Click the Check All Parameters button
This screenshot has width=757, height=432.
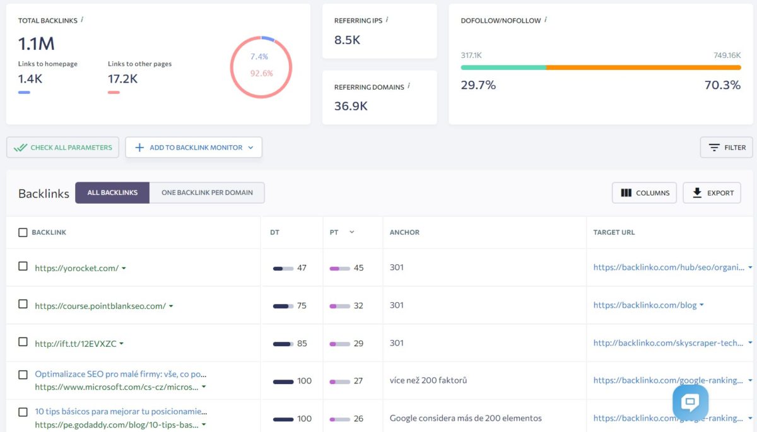pyautogui.click(x=62, y=148)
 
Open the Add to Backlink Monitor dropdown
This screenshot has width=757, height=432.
pyautogui.click(x=194, y=148)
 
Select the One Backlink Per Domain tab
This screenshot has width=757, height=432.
pyautogui.click(x=207, y=193)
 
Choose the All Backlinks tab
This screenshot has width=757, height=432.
pyautogui.click(x=112, y=193)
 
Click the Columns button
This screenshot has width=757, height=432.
pyautogui.click(x=645, y=193)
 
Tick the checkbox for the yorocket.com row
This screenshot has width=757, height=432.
pyautogui.click(x=23, y=267)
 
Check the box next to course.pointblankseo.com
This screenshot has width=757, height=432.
pyautogui.click(x=23, y=305)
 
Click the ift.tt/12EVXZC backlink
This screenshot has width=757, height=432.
pyautogui.click(x=76, y=344)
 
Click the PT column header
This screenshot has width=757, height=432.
pyautogui.click(x=334, y=233)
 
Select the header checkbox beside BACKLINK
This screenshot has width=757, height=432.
pyautogui.click(x=23, y=233)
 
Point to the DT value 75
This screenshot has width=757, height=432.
pyautogui.click(x=302, y=306)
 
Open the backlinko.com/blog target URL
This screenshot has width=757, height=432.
pyautogui.click(x=645, y=305)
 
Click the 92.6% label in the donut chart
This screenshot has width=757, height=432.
pyautogui.click(x=261, y=73)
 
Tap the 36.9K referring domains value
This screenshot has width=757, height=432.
pyautogui.click(x=351, y=106)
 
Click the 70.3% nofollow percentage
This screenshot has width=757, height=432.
pyautogui.click(x=722, y=85)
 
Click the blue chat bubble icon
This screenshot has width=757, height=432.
pyautogui.click(x=690, y=402)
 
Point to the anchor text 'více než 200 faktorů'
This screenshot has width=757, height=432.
pyautogui.click(x=428, y=381)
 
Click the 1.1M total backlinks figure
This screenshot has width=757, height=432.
pyautogui.click(x=36, y=44)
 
